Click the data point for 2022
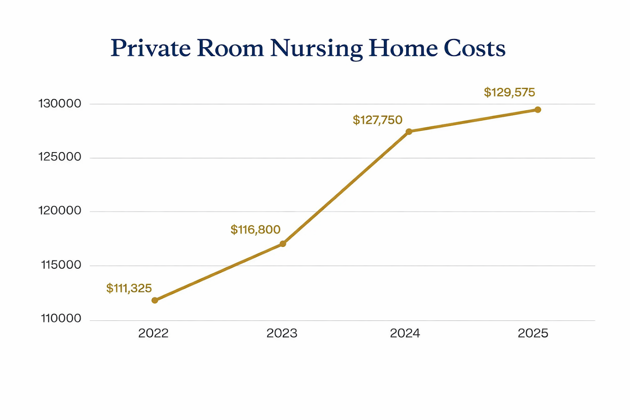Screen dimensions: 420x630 pyautogui.click(x=155, y=300)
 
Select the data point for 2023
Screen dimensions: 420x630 pyautogui.click(x=283, y=244)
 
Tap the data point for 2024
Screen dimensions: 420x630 pyautogui.click(x=409, y=132)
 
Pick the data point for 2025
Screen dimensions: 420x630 pyautogui.click(x=537, y=109)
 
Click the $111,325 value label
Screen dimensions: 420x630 pyautogui.click(x=129, y=288)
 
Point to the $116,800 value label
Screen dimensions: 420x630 pyautogui.click(x=255, y=230)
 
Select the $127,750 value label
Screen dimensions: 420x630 pyautogui.click(x=377, y=120)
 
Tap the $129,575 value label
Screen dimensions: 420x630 pyautogui.click(x=509, y=93)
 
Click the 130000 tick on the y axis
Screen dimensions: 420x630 pyautogui.click(x=60, y=104)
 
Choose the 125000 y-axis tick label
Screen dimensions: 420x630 pyautogui.click(x=60, y=157)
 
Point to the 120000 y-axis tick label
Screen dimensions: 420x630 pyautogui.click(x=60, y=210)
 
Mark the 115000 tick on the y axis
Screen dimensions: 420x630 pyautogui.click(x=61, y=265)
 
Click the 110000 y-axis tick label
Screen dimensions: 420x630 pyautogui.click(x=61, y=318)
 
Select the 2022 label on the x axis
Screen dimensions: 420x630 pyautogui.click(x=153, y=333)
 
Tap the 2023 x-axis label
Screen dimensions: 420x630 pyautogui.click(x=282, y=333)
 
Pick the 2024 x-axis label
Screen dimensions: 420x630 pyautogui.click(x=405, y=333)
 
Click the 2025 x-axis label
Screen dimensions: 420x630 pyautogui.click(x=533, y=333)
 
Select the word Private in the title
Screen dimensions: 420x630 pyautogui.click(x=150, y=48)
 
